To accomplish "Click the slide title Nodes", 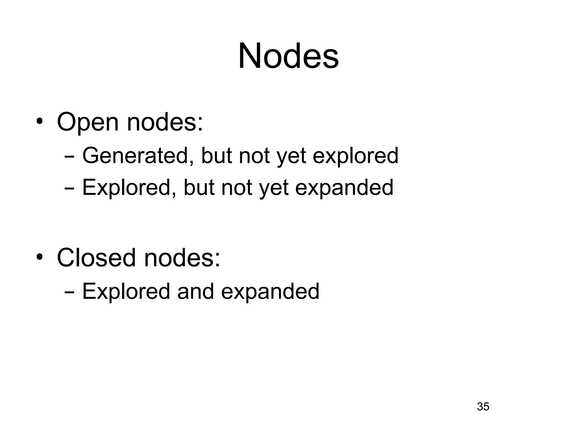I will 288,56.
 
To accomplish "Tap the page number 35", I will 483,406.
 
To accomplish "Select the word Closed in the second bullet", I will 96,257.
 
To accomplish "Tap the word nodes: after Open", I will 165,122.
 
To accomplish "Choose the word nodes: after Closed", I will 182,257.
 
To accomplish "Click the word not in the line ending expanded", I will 237,187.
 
